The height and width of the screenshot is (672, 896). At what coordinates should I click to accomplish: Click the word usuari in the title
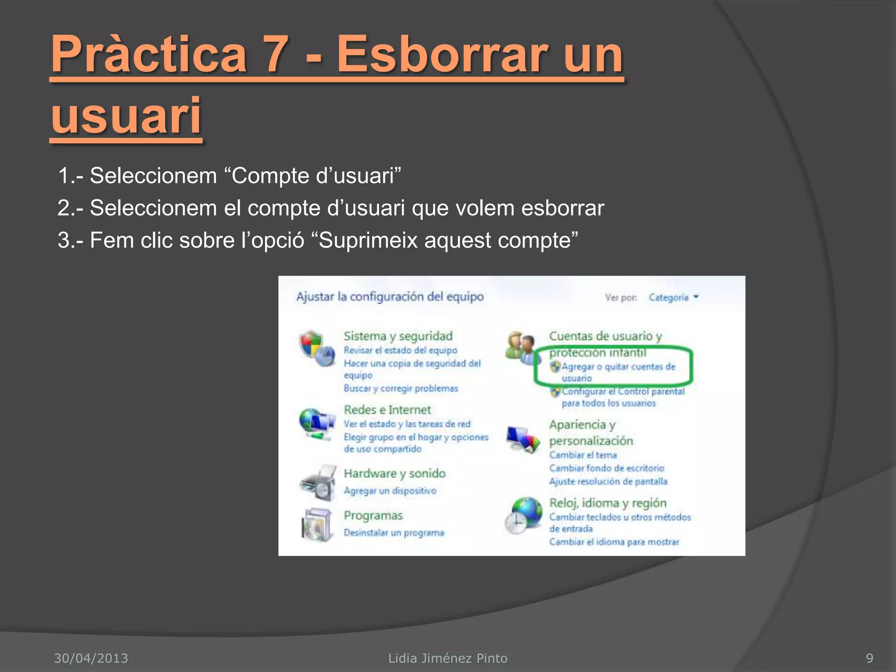point(126,116)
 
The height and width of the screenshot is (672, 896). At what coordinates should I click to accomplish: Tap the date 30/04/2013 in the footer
point(91,658)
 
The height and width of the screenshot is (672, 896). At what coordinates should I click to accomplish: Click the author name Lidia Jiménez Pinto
point(448,658)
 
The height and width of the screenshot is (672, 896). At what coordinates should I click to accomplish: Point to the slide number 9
point(869,658)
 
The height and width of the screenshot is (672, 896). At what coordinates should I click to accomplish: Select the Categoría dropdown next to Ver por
point(673,297)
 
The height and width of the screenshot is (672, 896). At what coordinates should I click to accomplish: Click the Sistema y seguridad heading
point(398,336)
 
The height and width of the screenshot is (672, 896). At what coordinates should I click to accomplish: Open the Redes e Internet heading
point(387,410)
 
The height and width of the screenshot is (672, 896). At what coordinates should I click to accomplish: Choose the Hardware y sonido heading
point(394,473)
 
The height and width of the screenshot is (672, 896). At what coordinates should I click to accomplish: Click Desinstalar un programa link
point(394,533)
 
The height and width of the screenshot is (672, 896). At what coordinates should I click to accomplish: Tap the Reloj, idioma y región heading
point(608,503)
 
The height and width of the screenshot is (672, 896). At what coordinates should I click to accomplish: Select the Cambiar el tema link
point(583,455)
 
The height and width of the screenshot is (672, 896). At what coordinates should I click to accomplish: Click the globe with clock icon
point(523,515)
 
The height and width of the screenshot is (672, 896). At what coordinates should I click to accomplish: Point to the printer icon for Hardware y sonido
point(318,483)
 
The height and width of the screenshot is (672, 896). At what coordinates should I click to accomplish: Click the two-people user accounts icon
point(520,348)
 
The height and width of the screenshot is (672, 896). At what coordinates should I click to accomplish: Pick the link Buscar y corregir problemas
point(400,388)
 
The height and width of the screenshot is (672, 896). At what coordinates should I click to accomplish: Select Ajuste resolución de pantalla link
point(608,482)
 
